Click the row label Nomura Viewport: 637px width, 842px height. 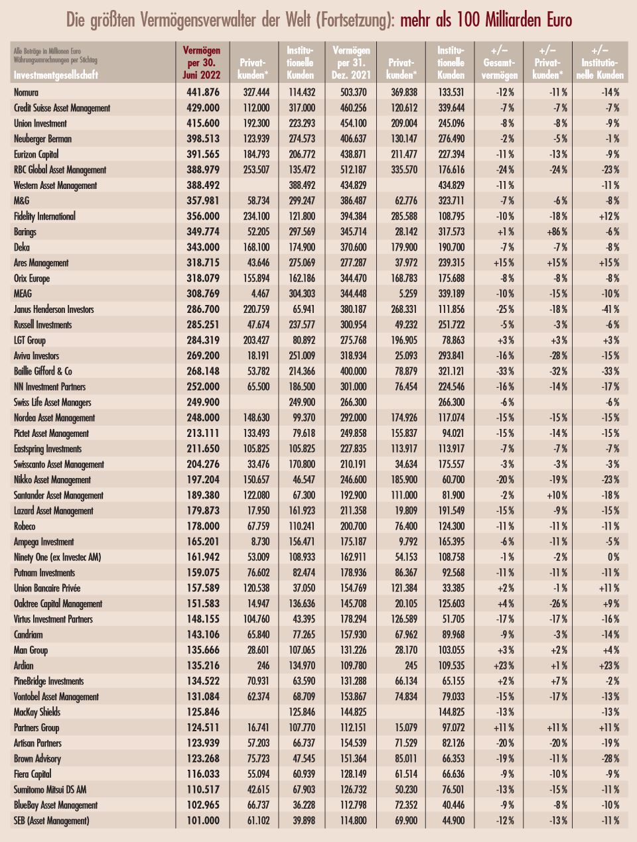coord(26,92)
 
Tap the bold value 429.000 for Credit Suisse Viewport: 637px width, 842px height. coord(203,108)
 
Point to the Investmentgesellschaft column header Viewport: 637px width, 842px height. coord(56,75)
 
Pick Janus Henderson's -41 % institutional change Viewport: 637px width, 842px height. coord(610,309)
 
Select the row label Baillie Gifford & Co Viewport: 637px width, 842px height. coord(43,371)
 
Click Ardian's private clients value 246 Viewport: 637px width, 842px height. coord(263,666)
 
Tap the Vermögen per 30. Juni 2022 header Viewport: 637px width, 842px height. coord(202,62)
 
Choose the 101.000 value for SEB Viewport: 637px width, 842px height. coord(203,821)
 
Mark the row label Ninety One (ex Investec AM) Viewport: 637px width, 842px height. coord(58,557)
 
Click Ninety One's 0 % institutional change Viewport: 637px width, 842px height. coord(613,557)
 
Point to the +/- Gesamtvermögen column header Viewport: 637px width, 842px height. coord(500,62)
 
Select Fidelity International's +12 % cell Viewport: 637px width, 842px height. coord(609,216)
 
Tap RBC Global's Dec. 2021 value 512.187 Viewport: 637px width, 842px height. coord(353,170)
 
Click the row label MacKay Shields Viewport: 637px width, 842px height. coord(37,712)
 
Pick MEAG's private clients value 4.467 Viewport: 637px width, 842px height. coord(258,294)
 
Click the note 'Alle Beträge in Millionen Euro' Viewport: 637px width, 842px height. coord(47,51)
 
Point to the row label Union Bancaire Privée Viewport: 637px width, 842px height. coord(47,588)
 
